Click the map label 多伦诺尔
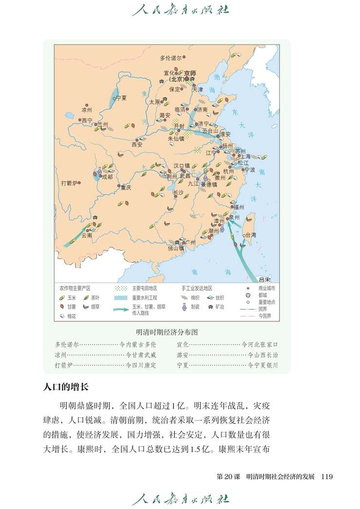pos(171,58)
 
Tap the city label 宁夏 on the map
pos(121,98)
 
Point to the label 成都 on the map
pos(107,177)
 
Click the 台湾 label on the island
pos(250,235)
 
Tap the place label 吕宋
pos(265,279)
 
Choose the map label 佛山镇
pos(176,248)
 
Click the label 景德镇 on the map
pos(208,185)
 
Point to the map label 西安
pos(137,144)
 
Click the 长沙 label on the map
pos(178,193)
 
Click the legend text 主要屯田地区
pos(144,288)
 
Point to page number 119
pos(326,476)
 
